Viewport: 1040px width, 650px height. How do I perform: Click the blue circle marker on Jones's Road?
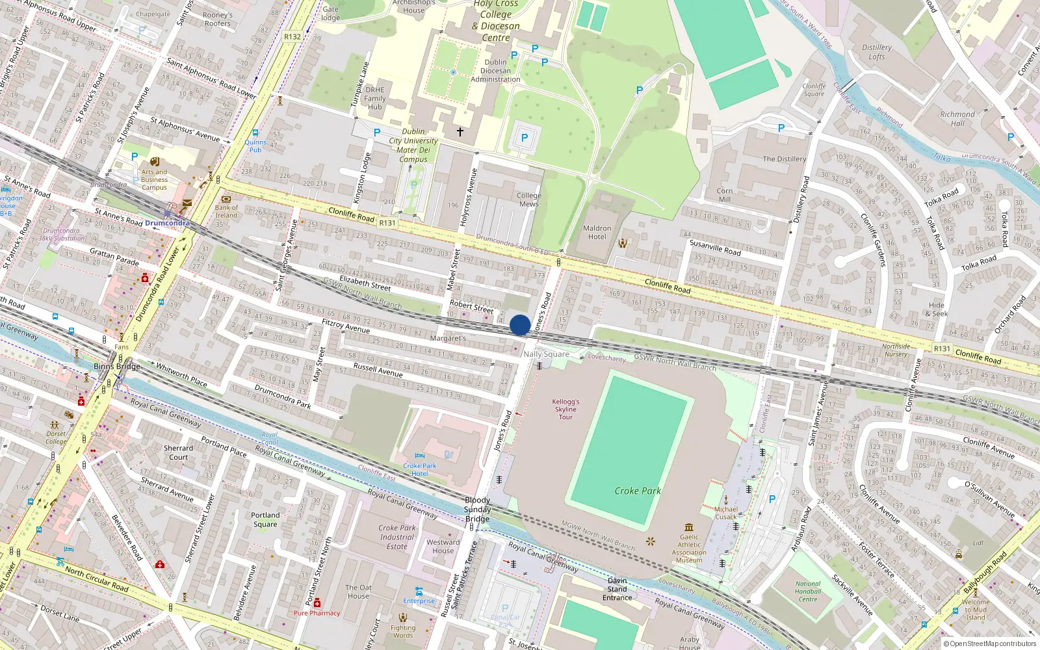tap(520, 325)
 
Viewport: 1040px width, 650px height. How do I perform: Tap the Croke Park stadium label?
tap(638, 491)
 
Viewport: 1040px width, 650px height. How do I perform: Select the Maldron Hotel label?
tap(597, 233)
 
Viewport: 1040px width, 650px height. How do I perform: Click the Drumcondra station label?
tap(167, 223)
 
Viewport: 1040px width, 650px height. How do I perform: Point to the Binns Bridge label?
tap(117, 367)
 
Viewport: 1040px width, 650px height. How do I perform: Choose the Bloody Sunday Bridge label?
tap(477, 509)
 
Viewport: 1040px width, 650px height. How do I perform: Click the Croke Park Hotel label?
tap(420, 469)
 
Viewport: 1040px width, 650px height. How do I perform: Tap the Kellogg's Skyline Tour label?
tap(565, 409)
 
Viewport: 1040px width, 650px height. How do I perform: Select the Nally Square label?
tap(546, 354)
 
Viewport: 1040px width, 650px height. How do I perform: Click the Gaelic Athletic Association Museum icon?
tap(689, 527)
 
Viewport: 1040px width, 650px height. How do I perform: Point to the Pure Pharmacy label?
tap(317, 613)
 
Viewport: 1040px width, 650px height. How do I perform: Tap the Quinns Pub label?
tap(255, 146)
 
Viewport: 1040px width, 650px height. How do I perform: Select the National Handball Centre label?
tap(808, 591)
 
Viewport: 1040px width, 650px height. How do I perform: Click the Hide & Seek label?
tap(938, 309)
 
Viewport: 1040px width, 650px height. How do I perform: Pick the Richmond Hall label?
tap(957, 119)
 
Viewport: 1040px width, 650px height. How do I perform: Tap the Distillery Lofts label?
tap(877, 52)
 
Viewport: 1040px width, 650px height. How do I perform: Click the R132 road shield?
tap(292, 37)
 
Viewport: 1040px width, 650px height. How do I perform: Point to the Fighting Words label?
tap(403, 631)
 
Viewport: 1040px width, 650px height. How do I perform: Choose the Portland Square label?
tap(265, 519)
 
